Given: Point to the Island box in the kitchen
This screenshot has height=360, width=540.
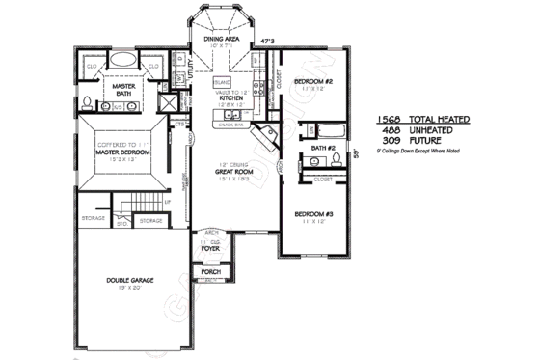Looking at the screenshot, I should click(221, 83).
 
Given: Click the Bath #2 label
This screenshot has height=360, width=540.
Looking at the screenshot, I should click(322, 148).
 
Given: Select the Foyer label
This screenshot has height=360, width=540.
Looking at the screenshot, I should click(210, 249).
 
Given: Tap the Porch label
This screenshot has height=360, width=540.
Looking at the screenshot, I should click(210, 273).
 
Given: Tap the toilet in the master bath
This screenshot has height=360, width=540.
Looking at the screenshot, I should click(88, 101).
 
